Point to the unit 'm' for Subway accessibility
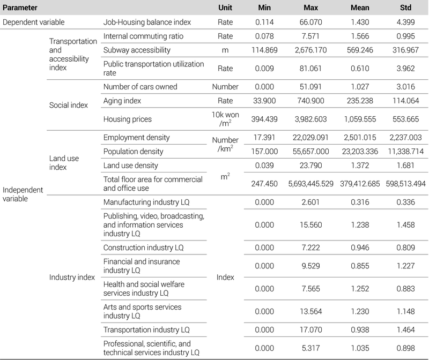(x=225, y=50)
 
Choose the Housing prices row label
(x=127, y=119)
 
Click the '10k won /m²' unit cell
(x=225, y=119)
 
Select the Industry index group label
(x=72, y=277)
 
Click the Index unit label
(x=225, y=277)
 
